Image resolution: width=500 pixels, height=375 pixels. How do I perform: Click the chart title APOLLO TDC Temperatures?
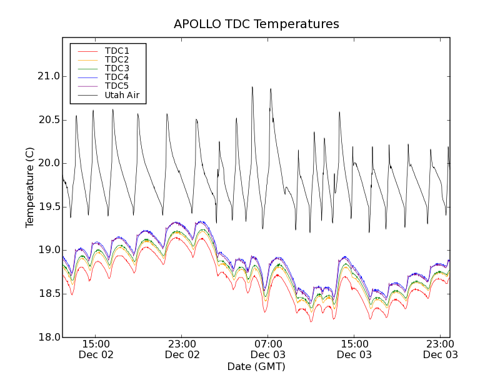pyautogui.click(x=256, y=24)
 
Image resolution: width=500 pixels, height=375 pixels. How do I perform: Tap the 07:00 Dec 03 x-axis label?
pyautogui.click(x=268, y=349)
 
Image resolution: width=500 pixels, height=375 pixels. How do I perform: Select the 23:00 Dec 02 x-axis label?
pyautogui.click(x=182, y=349)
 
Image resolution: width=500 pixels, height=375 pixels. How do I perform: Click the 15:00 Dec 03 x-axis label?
pyautogui.click(x=354, y=349)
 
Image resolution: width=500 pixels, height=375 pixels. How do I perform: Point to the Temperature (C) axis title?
pyautogui.click(x=30, y=187)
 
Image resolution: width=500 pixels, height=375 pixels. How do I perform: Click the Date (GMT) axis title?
pyautogui.click(x=256, y=367)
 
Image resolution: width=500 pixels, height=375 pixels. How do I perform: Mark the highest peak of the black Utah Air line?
pyautogui.click(x=252, y=87)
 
